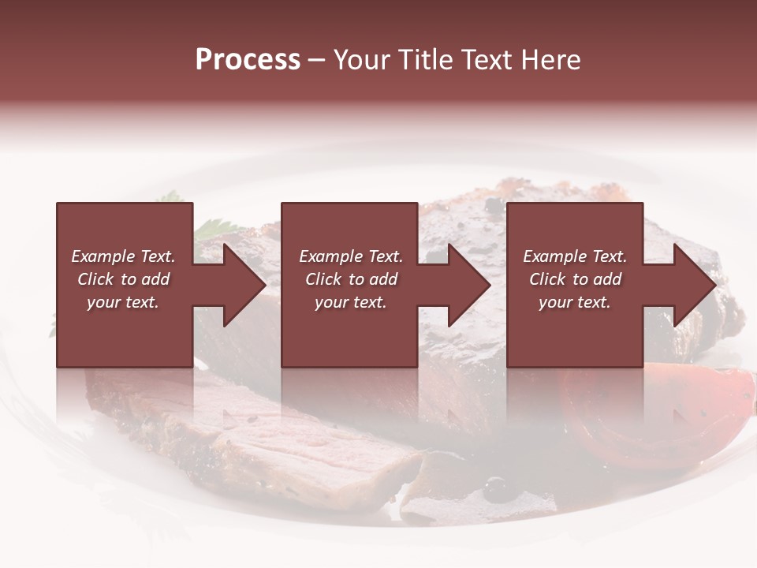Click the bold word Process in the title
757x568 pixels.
(x=248, y=60)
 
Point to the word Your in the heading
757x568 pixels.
(x=362, y=60)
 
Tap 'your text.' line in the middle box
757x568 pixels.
(x=350, y=302)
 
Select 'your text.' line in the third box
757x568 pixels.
(x=574, y=302)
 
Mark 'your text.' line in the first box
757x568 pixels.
(x=122, y=302)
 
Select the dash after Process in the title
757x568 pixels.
(x=316, y=61)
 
